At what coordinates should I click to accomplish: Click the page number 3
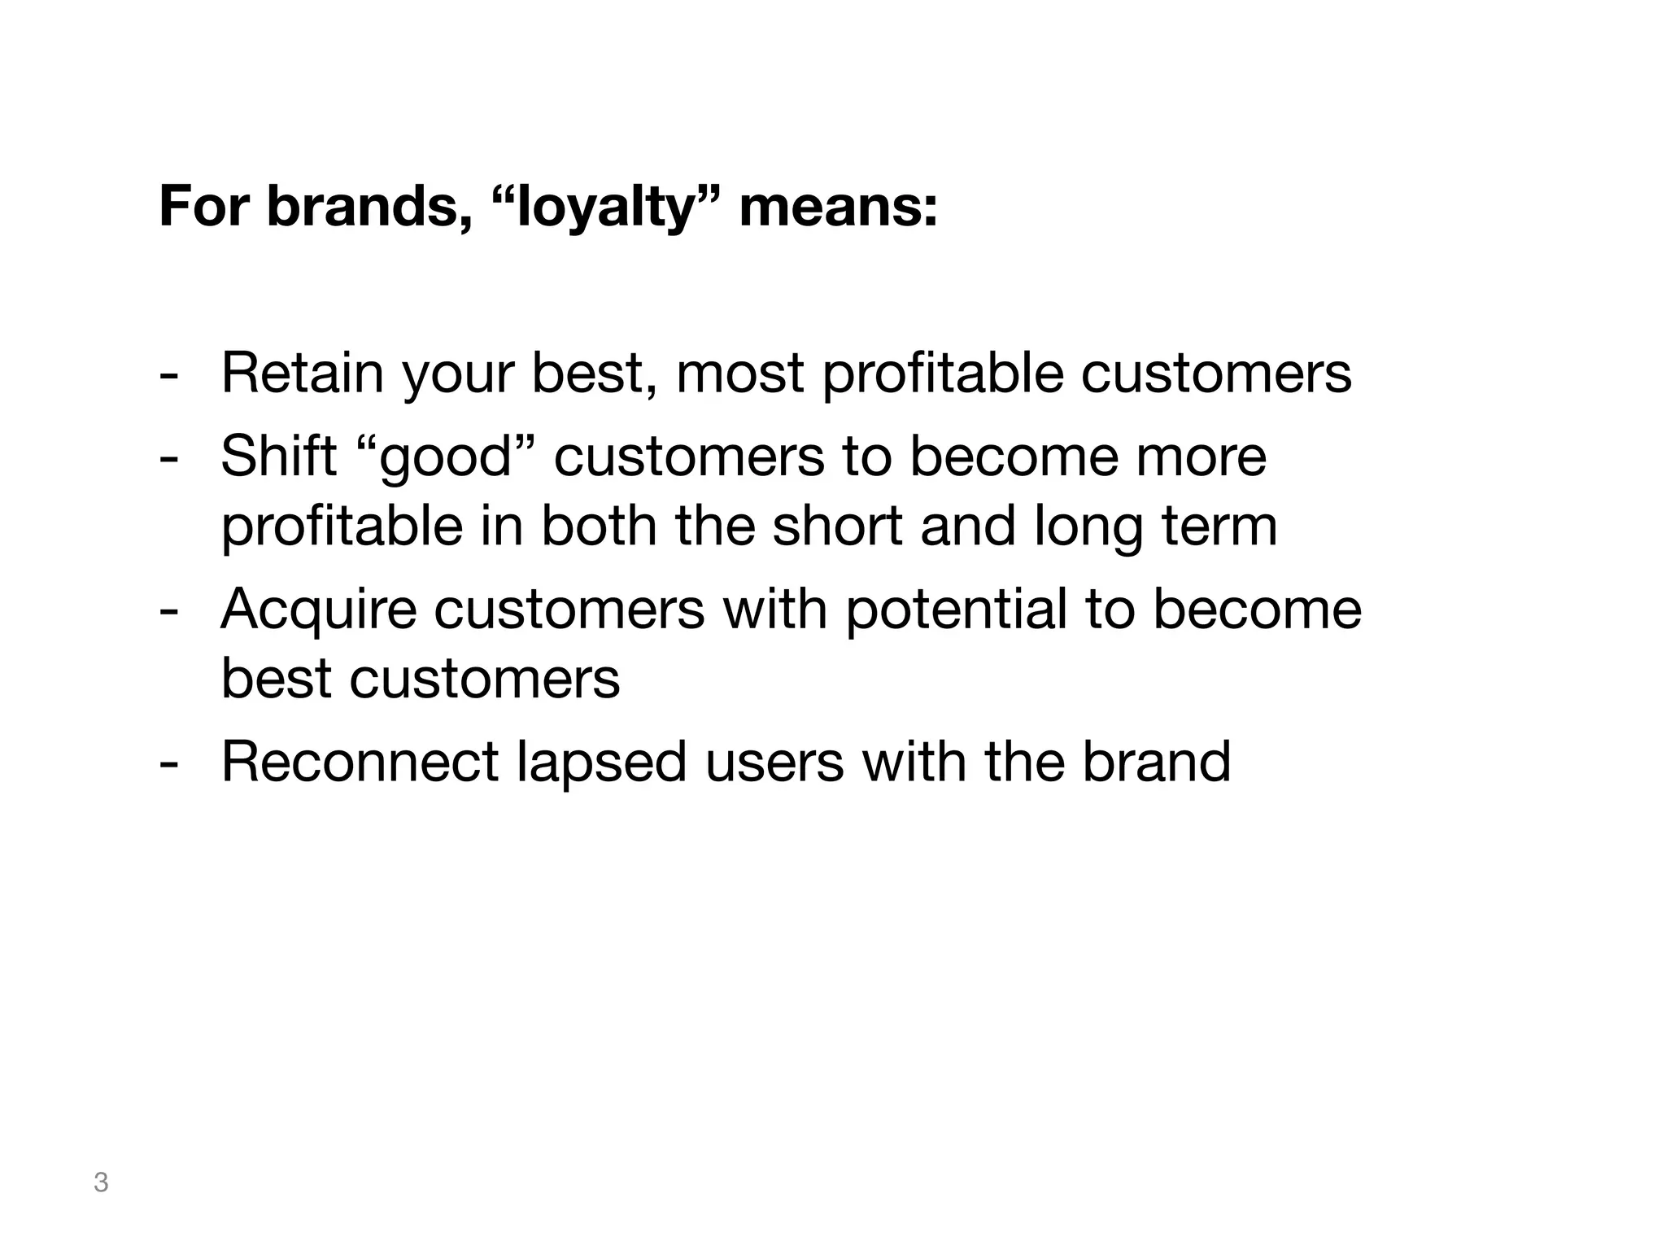point(101,1182)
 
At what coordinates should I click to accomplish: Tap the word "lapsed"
point(601,763)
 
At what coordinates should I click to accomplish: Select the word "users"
point(774,763)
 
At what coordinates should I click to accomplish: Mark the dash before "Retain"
point(168,376)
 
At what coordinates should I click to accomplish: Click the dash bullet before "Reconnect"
point(168,766)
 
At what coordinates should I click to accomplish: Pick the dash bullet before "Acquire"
point(168,612)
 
